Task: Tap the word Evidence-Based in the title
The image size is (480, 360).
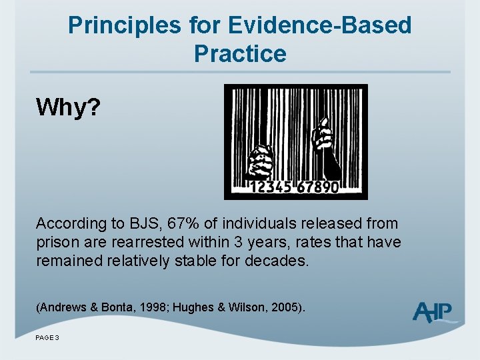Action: [319, 26]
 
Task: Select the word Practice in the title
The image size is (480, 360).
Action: [240, 53]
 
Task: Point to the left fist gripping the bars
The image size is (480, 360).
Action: [261, 163]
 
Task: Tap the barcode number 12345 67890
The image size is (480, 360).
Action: [295, 187]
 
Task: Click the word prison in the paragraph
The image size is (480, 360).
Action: [55, 242]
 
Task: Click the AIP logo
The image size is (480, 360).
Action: [433, 311]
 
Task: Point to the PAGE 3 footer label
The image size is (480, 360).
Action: [47, 338]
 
